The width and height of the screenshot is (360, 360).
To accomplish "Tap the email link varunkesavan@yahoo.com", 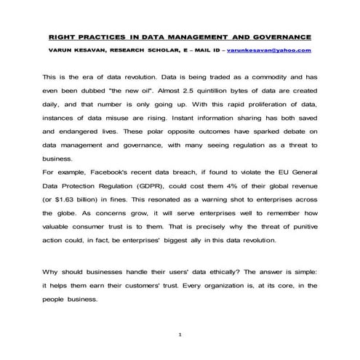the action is click(269, 50).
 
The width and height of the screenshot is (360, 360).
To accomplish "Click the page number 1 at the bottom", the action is click(180, 335).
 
